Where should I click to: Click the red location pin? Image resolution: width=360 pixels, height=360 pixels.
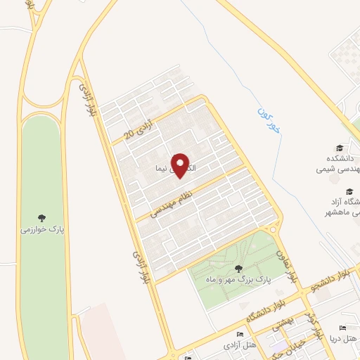point(180,165)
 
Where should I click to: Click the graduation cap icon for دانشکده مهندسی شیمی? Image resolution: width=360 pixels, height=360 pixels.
point(340,148)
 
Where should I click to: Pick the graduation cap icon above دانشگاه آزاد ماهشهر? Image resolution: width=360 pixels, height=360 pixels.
point(348,191)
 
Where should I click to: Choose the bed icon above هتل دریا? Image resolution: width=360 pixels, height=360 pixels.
point(343,328)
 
